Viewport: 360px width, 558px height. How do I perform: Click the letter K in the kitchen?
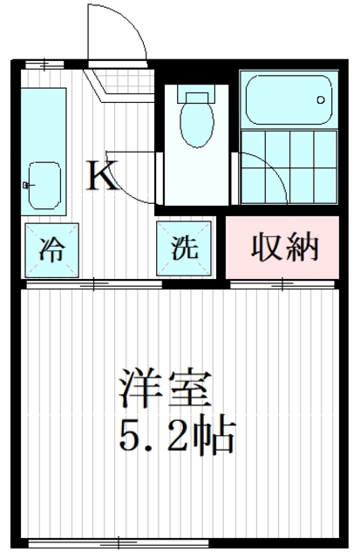[x=102, y=177]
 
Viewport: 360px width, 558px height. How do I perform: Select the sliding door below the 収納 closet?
[x=283, y=284]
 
